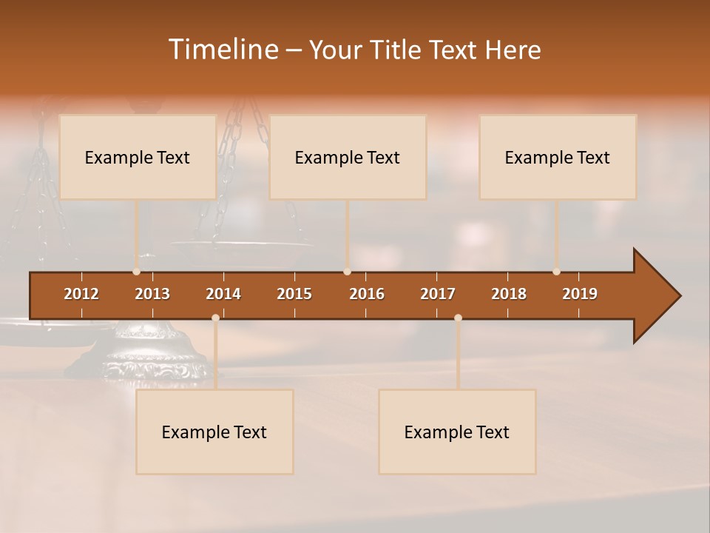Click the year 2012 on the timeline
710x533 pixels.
81,294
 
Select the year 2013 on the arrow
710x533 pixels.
152,294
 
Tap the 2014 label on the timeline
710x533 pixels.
223,294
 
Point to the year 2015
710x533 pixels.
294,294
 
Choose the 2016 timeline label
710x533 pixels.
367,294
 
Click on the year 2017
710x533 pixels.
438,294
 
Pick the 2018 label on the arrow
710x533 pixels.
509,294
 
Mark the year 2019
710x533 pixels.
580,294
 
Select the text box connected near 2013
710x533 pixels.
138,157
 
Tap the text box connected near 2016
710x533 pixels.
348,157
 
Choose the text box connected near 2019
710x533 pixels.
558,157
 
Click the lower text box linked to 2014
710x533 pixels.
214,432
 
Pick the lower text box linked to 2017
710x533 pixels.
457,432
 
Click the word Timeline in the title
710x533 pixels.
222,50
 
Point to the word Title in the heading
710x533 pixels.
401,50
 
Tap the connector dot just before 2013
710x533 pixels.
136,272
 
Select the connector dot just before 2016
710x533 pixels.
347,272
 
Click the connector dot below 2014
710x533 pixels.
215,318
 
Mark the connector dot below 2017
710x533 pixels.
458,318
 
